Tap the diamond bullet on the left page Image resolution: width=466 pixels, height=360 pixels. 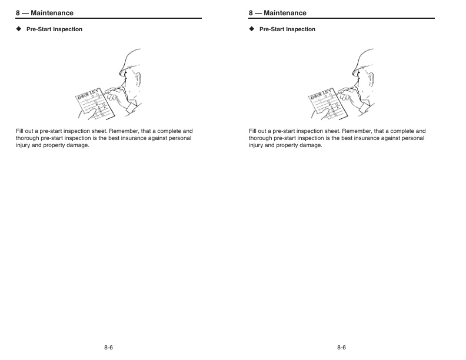click(x=19, y=29)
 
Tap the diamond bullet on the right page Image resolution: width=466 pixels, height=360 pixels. click(x=252, y=29)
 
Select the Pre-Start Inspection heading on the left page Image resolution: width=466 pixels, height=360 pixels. click(x=54, y=29)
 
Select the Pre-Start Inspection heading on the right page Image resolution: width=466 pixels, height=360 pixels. click(x=287, y=29)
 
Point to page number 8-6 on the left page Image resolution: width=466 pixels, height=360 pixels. click(x=108, y=348)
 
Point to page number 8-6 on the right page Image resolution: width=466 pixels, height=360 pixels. click(x=341, y=348)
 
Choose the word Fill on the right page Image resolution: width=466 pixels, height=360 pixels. click(x=253, y=131)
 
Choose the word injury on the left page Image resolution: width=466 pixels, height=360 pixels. click(x=24, y=145)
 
